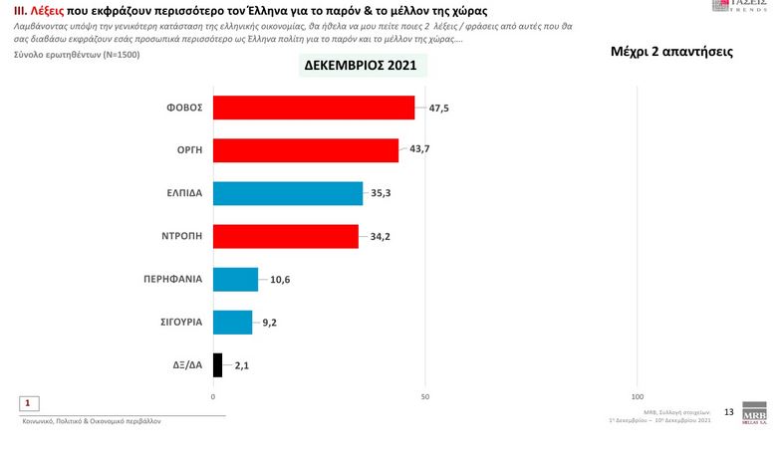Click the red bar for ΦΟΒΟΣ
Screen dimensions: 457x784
click(314, 108)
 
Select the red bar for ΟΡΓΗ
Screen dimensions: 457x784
click(306, 150)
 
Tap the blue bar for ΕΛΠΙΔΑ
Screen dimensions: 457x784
click(288, 193)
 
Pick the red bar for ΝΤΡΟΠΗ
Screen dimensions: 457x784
click(286, 236)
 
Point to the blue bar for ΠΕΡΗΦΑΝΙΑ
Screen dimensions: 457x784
click(235, 280)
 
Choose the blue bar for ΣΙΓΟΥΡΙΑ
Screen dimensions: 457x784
click(232, 323)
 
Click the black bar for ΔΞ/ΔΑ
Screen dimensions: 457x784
click(217, 365)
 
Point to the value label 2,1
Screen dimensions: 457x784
click(240, 365)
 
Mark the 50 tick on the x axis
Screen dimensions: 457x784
click(425, 397)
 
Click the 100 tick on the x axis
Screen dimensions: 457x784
click(638, 397)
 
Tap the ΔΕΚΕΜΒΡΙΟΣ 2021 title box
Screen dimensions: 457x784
click(366, 66)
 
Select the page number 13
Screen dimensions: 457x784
click(728, 412)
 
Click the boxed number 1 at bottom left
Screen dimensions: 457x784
click(30, 403)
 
